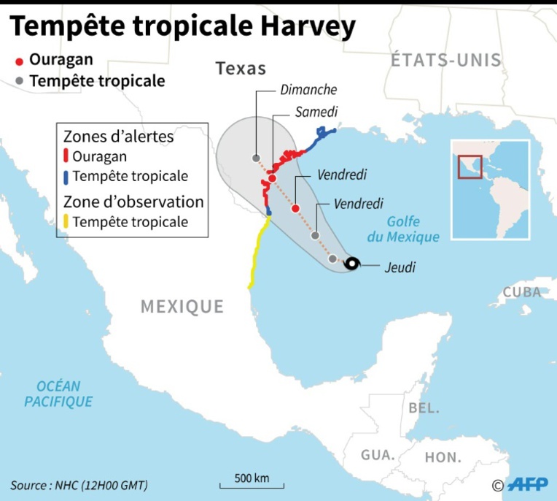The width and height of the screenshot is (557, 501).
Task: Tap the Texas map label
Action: click(241, 69)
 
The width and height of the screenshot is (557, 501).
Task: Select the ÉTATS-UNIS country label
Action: click(446, 60)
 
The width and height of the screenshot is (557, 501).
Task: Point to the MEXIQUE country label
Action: click(182, 306)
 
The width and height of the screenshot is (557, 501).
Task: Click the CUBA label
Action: click(522, 292)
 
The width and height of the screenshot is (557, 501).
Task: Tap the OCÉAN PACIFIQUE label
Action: click(58, 394)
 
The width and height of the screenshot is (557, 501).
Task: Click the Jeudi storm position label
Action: click(400, 267)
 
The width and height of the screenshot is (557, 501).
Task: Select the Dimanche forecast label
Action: click(308, 90)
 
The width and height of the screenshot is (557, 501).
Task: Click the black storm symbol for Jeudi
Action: click(351, 264)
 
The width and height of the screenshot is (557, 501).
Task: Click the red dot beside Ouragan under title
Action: click(20, 61)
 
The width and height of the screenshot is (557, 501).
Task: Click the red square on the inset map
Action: click(470, 166)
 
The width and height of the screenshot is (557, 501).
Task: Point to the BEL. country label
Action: click(424, 408)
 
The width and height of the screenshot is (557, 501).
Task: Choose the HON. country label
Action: click(443, 458)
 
